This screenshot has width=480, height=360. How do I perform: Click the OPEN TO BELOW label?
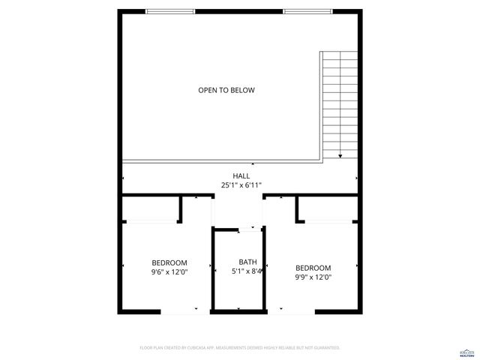click(x=226, y=91)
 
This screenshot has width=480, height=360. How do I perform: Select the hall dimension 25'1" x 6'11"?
click(x=241, y=184)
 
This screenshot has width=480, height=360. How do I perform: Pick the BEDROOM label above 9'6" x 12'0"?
click(x=169, y=263)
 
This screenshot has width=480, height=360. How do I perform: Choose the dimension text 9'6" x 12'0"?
click(x=169, y=272)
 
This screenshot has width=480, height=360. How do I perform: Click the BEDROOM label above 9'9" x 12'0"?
click(x=313, y=268)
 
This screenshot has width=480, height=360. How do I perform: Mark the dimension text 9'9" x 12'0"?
click(x=313, y=277)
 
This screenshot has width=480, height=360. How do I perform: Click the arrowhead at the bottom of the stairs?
click(x=340, y=156)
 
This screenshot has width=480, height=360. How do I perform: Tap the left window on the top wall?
click(x=170, y=11)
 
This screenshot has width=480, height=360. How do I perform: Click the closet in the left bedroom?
click(x=151, y=209)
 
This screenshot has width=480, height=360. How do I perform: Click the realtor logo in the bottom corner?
click(x=466, y=352)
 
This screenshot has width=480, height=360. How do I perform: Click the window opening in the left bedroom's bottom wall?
click(x=180, y=311)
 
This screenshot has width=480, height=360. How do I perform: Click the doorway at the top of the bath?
click(x=239, y=227)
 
